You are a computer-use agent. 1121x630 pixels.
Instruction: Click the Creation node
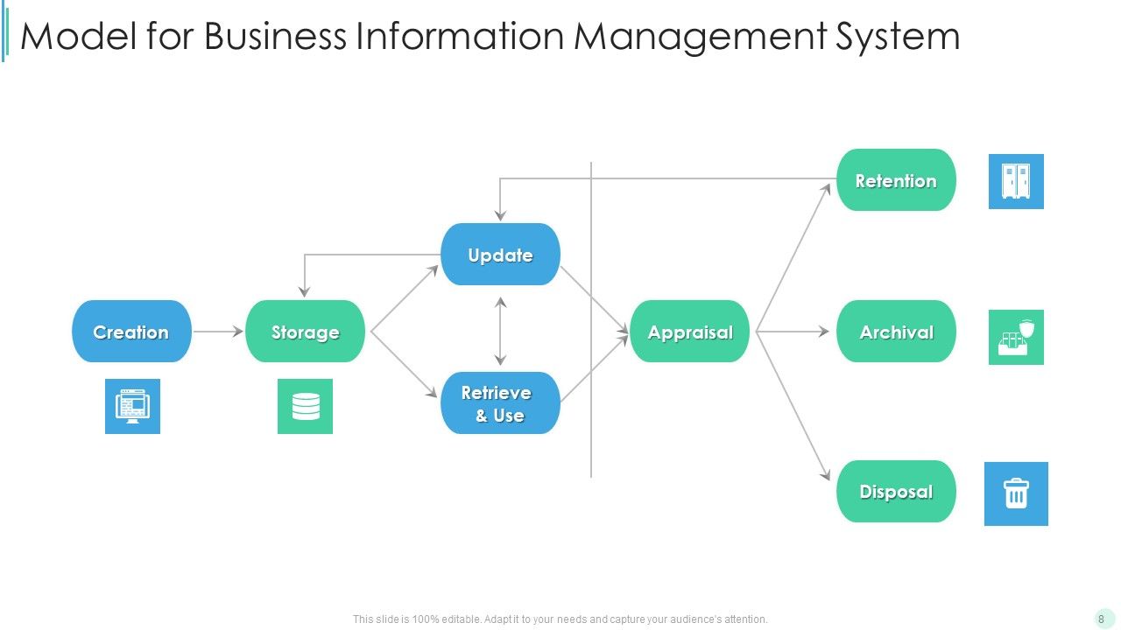click(131, 332)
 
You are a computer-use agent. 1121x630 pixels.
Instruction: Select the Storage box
click(305, 332)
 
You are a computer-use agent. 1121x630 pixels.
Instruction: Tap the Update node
click(500, 255)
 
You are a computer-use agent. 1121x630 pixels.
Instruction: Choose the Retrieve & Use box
click(500, 403)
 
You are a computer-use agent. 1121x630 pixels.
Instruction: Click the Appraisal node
click(690, 332)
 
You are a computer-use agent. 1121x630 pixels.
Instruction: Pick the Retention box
click(896, 180)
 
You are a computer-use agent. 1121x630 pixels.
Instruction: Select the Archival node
click(896, 332)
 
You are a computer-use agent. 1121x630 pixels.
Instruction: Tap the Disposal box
click(896, 492)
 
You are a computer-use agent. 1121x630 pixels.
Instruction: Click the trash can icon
click(1016, 493)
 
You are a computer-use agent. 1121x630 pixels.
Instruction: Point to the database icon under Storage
click(305, 406)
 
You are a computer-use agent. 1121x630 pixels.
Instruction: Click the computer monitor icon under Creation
click(132, 406)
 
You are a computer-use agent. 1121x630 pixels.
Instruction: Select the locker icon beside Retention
click(1016, 181)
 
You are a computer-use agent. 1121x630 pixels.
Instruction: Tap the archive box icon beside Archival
click(1016, 337)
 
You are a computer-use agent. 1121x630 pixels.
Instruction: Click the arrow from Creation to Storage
click(217, 332)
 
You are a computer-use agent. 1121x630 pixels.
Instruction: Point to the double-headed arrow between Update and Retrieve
click(500, 330)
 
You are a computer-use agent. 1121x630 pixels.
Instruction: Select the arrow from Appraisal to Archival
click(793, 332)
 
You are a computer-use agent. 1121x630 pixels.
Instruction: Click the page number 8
click(1101, 619)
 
